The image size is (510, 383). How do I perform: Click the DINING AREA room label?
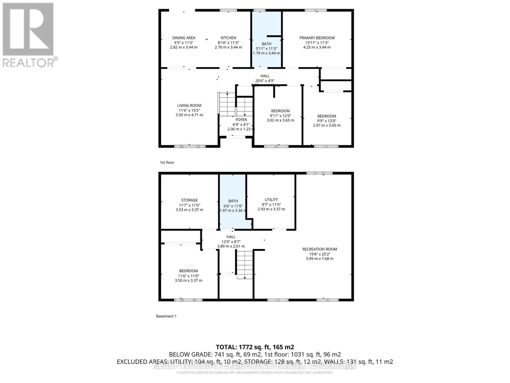point(184,38)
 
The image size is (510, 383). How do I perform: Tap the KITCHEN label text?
point(229,38)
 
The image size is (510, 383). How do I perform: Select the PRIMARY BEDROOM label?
point(317,38)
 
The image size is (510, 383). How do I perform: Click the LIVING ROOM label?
point(189,106)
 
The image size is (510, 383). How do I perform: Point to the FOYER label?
point(241,120)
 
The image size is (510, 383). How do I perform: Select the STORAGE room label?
point(189,200)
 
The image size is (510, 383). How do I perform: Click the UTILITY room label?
point(271,200)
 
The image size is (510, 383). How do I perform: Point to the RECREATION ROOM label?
point(320,249)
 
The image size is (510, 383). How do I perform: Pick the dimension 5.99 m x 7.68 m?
point(320,259)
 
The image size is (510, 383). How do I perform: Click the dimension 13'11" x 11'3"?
point(317,43)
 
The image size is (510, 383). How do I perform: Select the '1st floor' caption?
point(167,162)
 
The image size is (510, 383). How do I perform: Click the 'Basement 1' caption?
point(166,316)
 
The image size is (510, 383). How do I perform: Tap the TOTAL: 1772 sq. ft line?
point(255,347)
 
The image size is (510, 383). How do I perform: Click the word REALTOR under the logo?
point(29,63)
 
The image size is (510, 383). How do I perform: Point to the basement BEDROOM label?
point(188,271)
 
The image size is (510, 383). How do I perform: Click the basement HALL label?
point(231,237)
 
